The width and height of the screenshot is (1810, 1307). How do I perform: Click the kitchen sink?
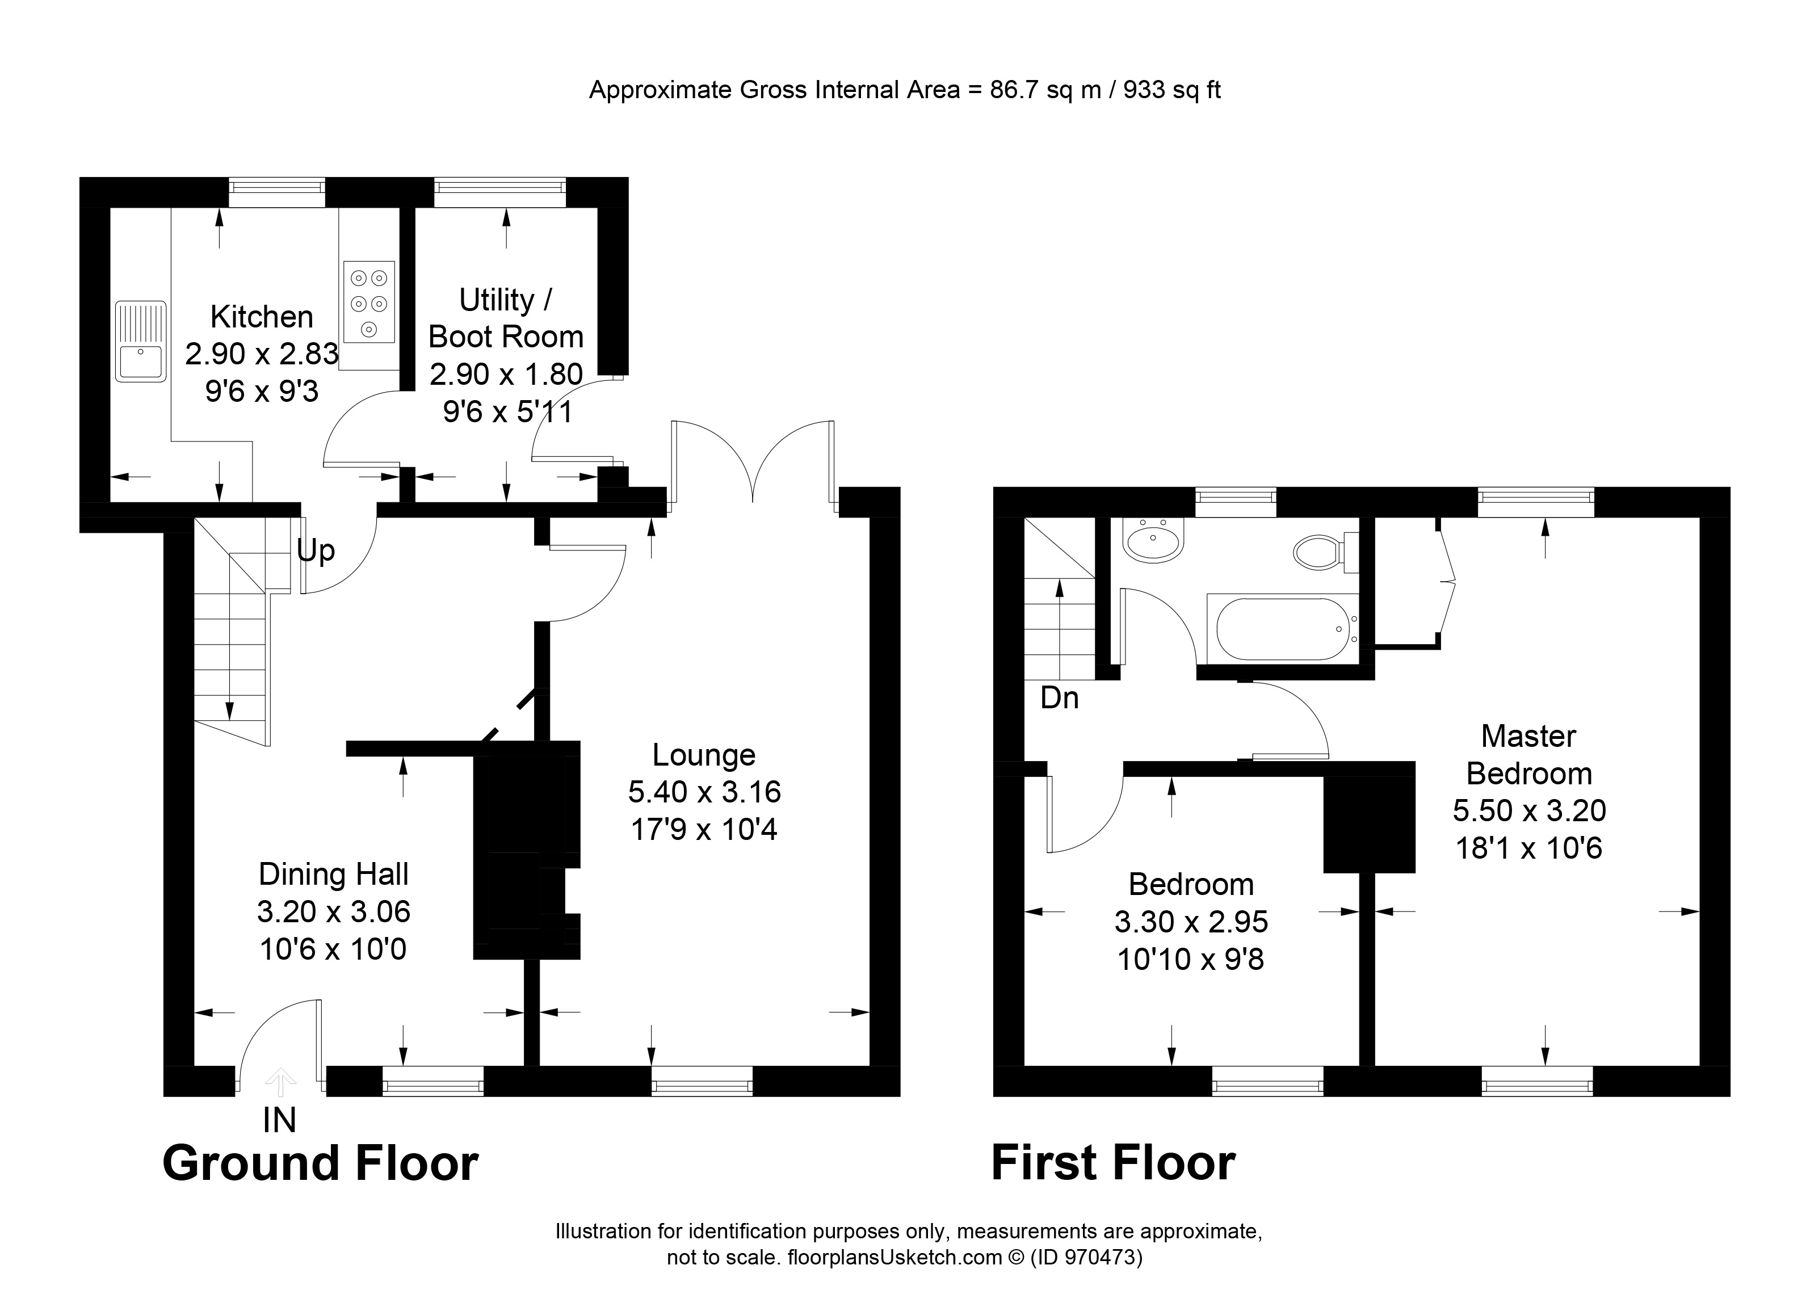tap(140, 342)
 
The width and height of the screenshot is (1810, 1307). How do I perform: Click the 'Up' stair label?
tap(316, 550)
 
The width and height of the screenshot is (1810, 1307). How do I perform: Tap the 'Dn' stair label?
tap(1059, 698)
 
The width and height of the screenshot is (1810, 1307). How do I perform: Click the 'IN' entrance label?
tap(279, 1120)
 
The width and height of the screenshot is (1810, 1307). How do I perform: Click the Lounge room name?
tap(703, 754)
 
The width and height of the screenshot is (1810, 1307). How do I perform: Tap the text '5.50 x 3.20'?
tap(1528, 810)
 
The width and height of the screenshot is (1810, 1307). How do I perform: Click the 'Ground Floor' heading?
tap(320, 1163)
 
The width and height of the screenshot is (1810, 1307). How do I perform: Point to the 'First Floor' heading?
tap(1112, 1163)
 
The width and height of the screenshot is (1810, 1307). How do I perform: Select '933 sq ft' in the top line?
tap(1171, 90)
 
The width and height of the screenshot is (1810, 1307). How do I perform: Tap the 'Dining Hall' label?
tap(334, 874)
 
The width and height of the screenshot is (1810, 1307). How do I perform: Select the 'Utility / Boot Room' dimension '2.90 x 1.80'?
tap(506, 373)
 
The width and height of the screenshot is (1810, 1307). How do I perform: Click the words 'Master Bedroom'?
tap(1528, 754)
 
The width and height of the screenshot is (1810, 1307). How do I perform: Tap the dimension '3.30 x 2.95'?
tap(1191, 922)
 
